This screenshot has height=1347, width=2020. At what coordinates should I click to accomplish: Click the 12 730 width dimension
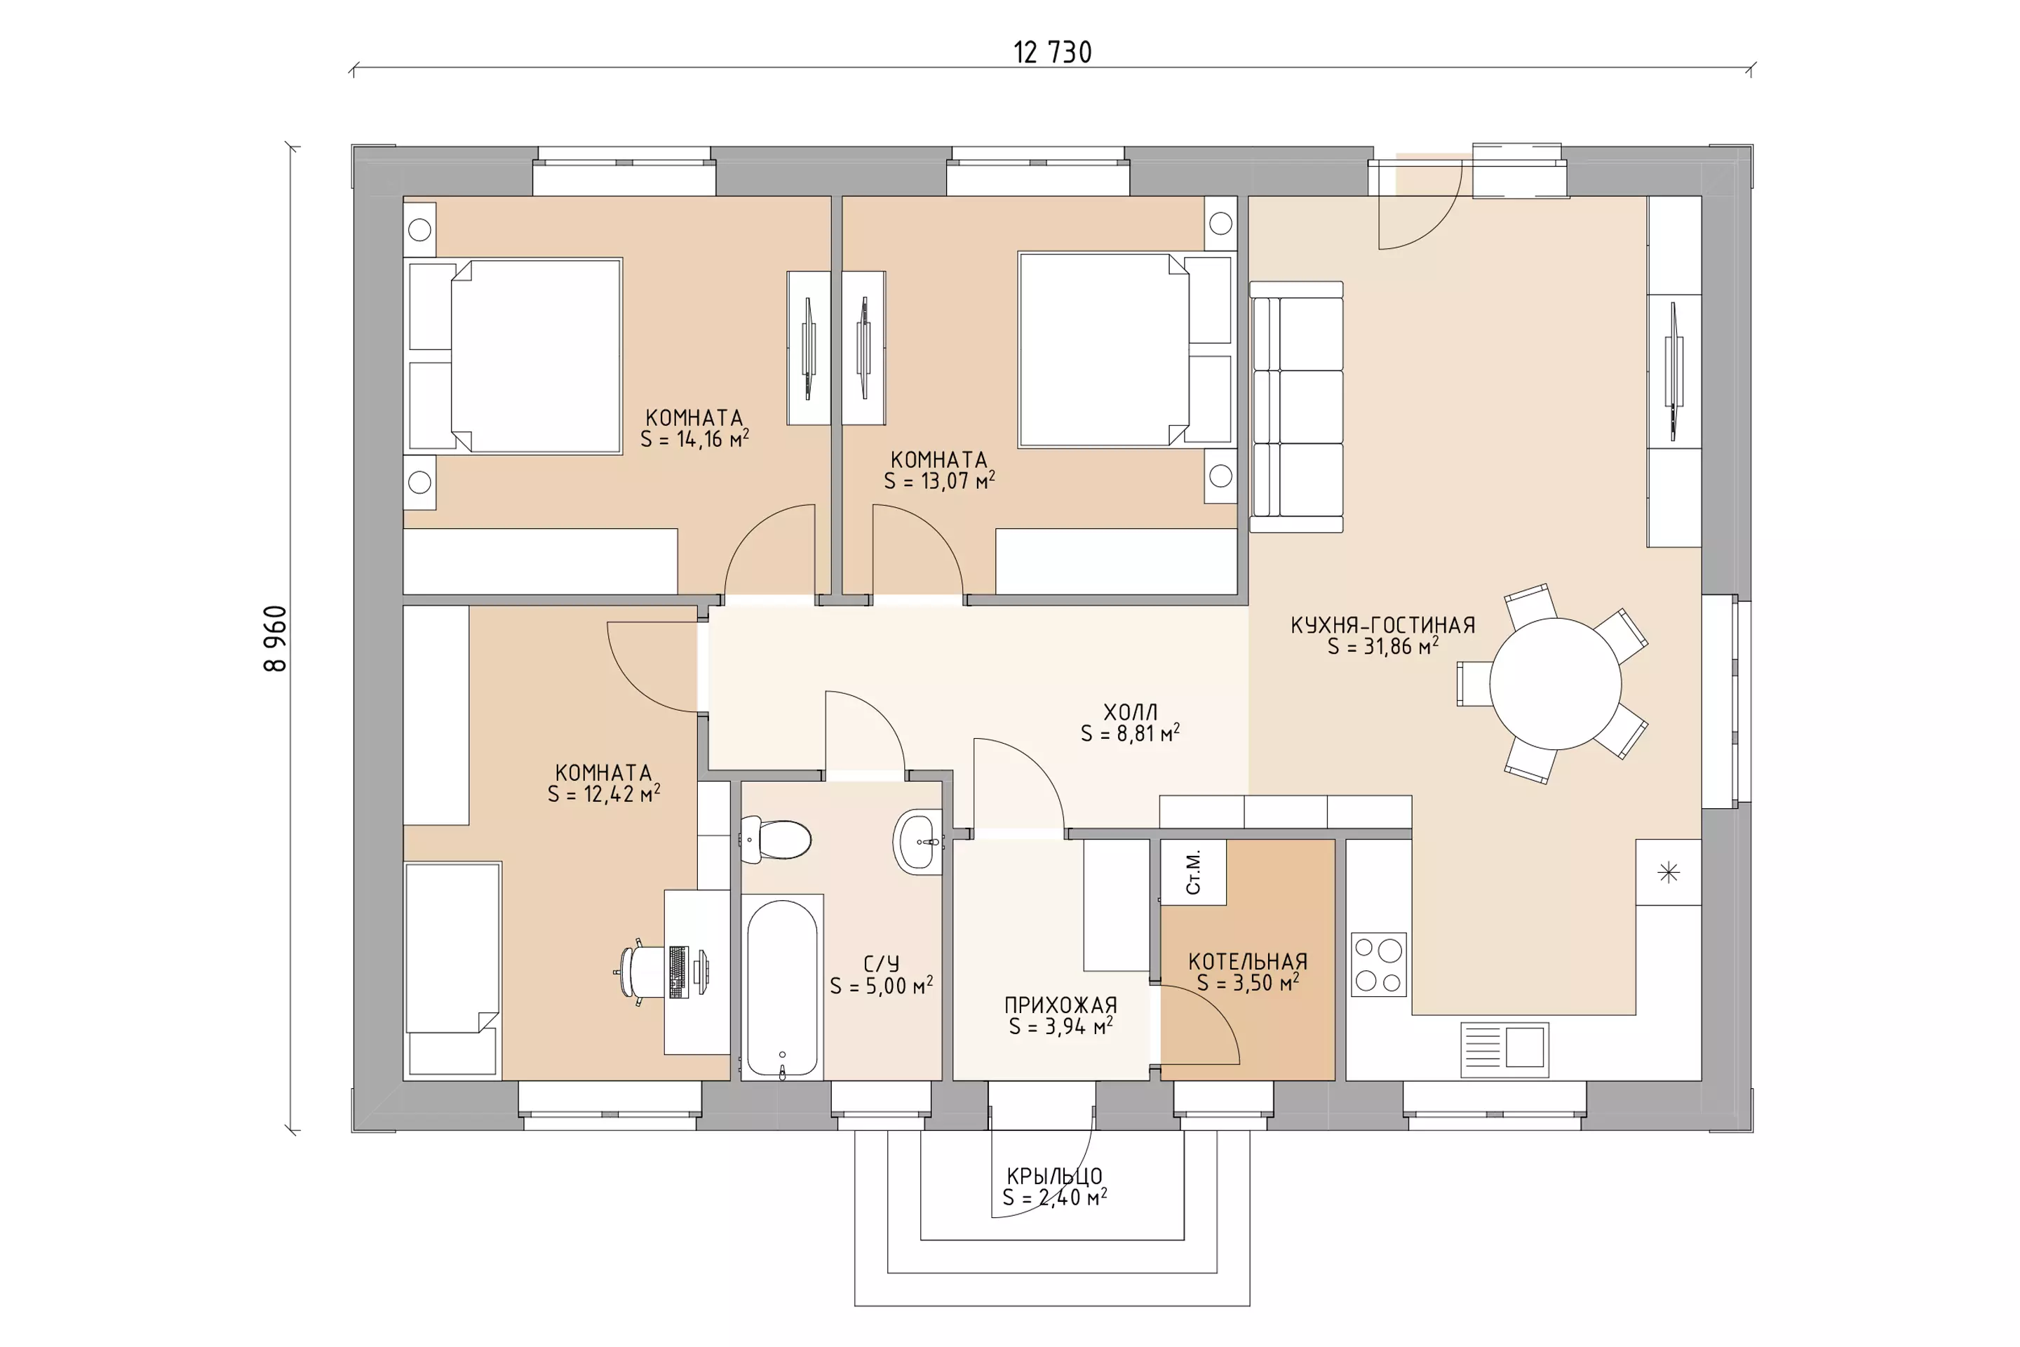pos(1052,53)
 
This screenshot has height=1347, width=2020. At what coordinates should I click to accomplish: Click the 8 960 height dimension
pos(276,638)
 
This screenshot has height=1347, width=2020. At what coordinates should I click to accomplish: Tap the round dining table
pos(1556,684)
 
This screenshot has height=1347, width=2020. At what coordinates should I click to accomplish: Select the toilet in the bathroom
pos(776,839)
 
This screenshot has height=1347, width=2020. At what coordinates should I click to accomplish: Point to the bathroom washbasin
pos(919,842)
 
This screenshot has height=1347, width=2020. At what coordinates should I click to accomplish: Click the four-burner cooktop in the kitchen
pos(1378,964)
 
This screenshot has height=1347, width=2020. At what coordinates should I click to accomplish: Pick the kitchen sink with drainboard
pos(1504,1049)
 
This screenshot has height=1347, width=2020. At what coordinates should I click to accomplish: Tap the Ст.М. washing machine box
pos(1193,872)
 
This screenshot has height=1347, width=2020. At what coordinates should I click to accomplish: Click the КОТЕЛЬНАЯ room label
pos(1248,962)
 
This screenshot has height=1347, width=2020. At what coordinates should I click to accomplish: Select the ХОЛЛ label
pos(1130,712)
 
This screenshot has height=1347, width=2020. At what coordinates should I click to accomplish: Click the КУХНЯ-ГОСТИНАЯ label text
pos(1382,625)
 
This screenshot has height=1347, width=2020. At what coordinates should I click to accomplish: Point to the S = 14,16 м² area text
pos(695,439)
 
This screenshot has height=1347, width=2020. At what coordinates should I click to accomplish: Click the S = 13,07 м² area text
pos(940,481)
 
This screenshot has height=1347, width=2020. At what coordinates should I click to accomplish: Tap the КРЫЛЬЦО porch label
pos(1055,1176)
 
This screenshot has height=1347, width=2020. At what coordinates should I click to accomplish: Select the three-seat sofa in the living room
pos(1296,407)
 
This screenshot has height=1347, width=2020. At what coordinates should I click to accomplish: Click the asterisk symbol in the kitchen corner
pos(1668,873)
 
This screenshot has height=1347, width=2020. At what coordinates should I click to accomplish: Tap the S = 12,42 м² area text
pos(604,793)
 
